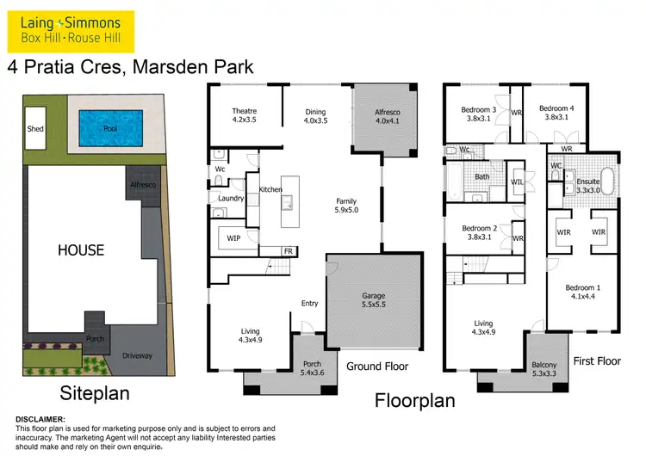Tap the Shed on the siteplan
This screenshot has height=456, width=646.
35,129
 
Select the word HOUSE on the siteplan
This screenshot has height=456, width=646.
81,251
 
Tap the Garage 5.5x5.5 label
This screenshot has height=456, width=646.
373,300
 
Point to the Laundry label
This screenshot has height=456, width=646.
231,199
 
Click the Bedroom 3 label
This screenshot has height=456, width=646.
478,114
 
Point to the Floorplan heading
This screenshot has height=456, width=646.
414,400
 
